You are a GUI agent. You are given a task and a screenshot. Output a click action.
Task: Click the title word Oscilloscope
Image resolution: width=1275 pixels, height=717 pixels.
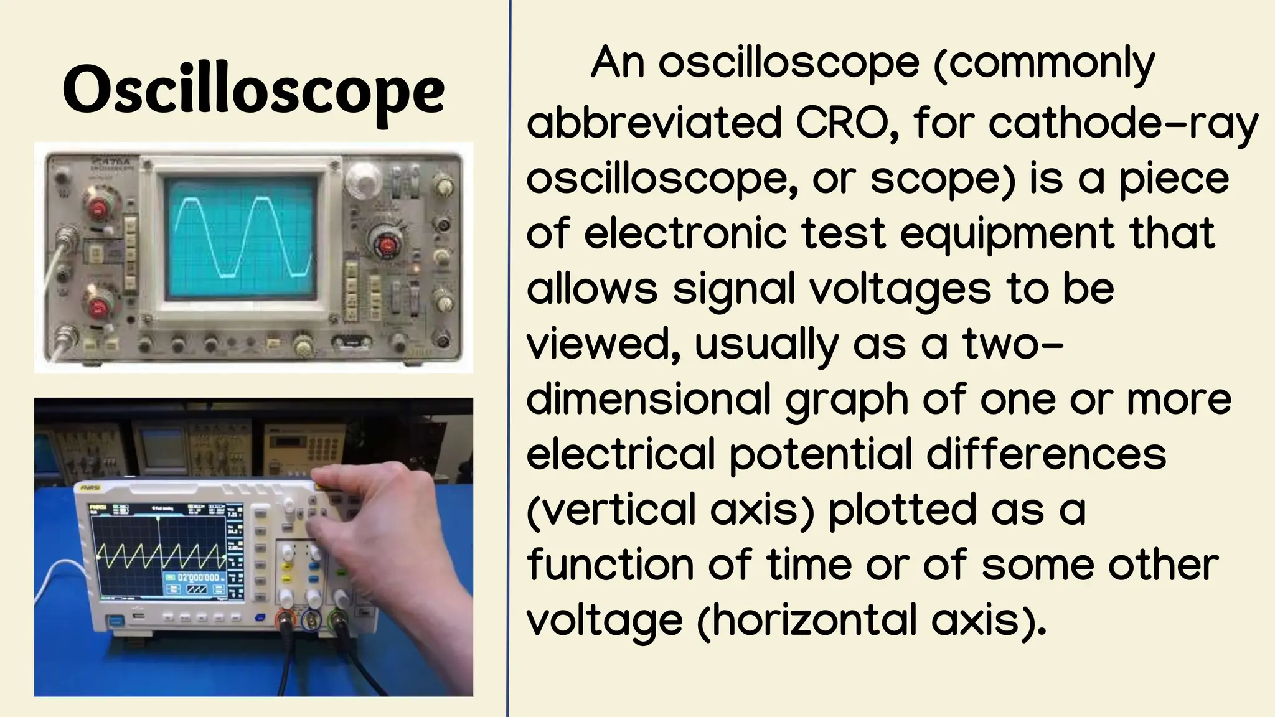[x=253, y=92]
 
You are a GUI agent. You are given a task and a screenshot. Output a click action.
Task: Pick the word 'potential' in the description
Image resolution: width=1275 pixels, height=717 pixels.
[x=821, y=454]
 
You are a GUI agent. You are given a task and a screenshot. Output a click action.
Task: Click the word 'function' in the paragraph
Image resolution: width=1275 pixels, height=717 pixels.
[x=610, y=565]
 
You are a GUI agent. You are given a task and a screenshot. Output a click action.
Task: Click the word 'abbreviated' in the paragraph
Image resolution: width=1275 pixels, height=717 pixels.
[x=654, y=123]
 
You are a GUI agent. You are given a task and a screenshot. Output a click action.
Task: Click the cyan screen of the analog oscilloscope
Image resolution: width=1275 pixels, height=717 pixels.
[x=242, y=237]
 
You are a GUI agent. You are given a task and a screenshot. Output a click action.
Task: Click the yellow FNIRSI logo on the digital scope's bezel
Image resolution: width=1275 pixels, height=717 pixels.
[x=87, y=489]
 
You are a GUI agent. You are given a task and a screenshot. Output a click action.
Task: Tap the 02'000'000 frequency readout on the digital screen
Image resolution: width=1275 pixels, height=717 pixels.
[x=198, y=578]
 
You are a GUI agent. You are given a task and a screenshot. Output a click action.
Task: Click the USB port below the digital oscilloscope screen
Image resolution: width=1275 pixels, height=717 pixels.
[x=139, y=617]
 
